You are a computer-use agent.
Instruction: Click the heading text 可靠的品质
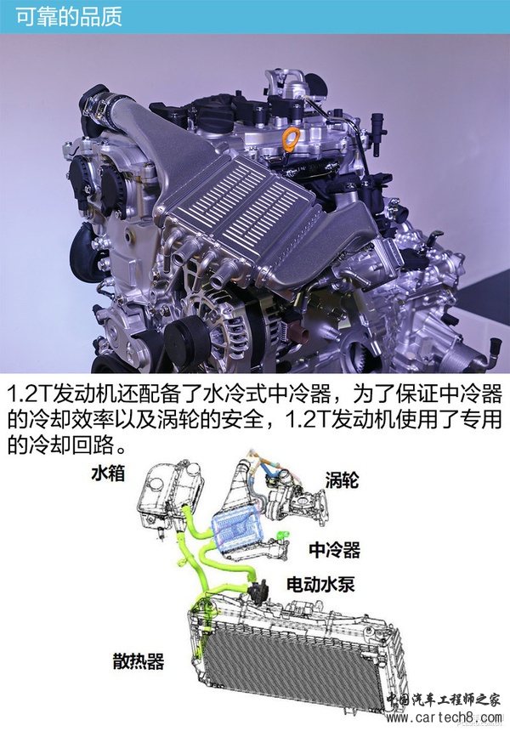(69, 16)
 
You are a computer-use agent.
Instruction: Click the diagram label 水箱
(108, 473)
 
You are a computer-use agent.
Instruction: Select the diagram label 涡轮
(342, 479)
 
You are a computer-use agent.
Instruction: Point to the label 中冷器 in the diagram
(334, 550)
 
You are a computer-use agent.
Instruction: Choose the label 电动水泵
(320, 584)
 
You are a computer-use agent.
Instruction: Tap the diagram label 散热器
(139, 661)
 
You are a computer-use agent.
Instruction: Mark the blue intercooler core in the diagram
(235, 530)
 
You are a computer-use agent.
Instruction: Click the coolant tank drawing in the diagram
(171, 495)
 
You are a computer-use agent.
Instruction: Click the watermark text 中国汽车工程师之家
(444, 700)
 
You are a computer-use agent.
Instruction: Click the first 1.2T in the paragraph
(30, 395)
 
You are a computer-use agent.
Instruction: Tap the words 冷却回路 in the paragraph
(72, 445)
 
